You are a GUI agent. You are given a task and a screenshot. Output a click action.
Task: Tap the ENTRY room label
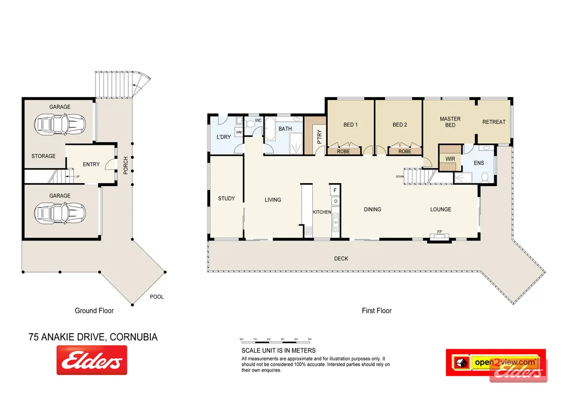[x=92, y=164]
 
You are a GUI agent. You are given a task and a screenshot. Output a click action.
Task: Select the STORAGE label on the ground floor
[x=43, y=156]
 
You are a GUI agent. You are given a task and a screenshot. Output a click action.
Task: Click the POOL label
[x=157, y=297]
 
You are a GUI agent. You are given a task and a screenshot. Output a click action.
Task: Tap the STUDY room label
[x=226, y=199]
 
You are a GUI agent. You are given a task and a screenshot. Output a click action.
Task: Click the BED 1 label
[x=350, y=125]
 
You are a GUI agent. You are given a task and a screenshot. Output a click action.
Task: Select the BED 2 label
[x=399, y=125]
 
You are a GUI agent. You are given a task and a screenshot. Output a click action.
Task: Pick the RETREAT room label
[x=494, y=122]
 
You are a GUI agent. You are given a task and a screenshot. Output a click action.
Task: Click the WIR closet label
[x=450, y=159]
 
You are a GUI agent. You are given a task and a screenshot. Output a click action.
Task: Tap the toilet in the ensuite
[x=485, y=177]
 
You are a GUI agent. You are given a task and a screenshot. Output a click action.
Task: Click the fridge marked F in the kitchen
[x=335, y=190]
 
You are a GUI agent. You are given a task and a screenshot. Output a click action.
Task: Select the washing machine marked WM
[x=239, y=132]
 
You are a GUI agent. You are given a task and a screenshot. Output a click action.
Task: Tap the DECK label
[x=341, y=258]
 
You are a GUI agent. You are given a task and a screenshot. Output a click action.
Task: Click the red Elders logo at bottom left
[x=92, y=360]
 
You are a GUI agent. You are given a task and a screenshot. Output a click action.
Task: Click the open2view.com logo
[x=505, y=363]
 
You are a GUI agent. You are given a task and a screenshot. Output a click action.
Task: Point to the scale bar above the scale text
[x=276, y=340]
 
